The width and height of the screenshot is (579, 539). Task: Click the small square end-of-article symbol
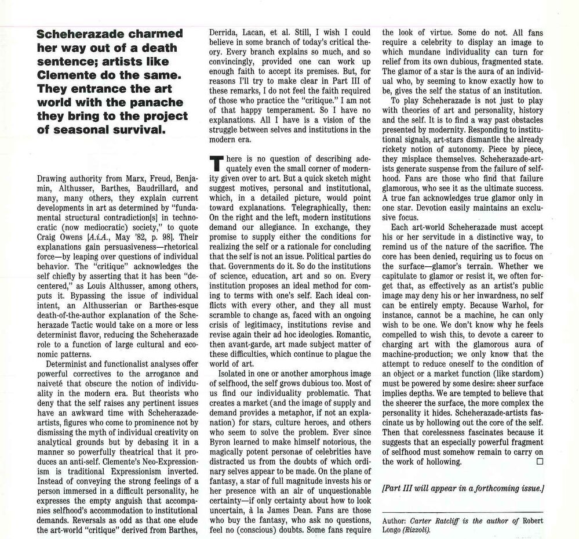[x=540, y=462]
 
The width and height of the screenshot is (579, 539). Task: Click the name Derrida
[x=224, y=32]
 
